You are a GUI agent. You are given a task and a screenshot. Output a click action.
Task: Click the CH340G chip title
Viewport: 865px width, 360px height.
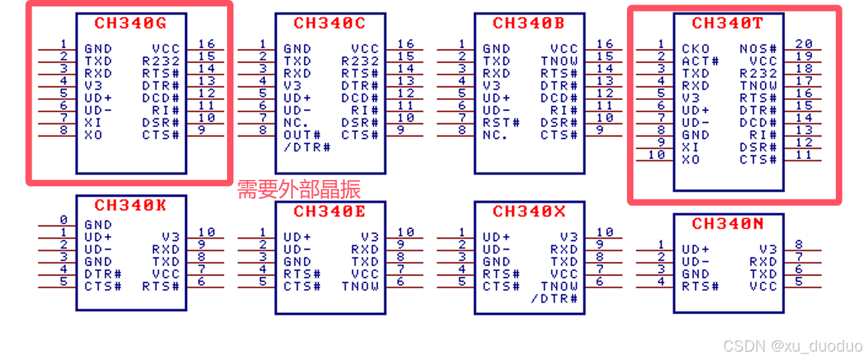[130, 23]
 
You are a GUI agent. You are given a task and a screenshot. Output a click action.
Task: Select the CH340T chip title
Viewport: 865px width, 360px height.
[727, 23]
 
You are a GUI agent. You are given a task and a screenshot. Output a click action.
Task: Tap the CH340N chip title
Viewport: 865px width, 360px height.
[727, 224]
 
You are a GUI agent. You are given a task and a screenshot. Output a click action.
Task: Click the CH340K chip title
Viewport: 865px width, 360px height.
[130, 205]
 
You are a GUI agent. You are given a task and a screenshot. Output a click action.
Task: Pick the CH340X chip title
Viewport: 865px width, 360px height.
[528, 212]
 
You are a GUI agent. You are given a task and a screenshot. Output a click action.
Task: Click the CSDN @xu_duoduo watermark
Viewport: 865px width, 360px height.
[792, 346]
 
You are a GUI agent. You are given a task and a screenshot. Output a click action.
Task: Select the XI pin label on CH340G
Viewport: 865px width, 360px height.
[93, 123]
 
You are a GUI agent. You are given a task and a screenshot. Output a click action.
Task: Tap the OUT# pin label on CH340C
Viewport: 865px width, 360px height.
[302, 135]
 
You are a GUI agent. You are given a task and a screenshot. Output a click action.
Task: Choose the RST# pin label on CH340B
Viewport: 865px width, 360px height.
[501, 123]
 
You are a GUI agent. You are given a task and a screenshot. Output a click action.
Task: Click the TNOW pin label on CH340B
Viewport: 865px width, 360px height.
[559, 61]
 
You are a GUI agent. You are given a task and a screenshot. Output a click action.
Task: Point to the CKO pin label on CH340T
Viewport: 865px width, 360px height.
[695, 48]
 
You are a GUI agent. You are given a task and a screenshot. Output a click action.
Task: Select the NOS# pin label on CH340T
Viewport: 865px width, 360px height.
[758, 48]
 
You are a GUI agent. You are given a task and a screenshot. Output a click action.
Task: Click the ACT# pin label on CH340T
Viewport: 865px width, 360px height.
[700, 61]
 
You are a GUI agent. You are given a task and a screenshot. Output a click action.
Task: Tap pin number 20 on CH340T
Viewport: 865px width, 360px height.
[804, 43]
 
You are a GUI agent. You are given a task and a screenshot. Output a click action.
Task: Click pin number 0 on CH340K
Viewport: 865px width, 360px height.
[63, 220]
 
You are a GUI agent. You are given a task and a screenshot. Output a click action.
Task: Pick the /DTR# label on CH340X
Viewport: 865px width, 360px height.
[554, 299]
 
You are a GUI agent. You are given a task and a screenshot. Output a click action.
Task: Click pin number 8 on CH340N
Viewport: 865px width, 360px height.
[799, 245]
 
